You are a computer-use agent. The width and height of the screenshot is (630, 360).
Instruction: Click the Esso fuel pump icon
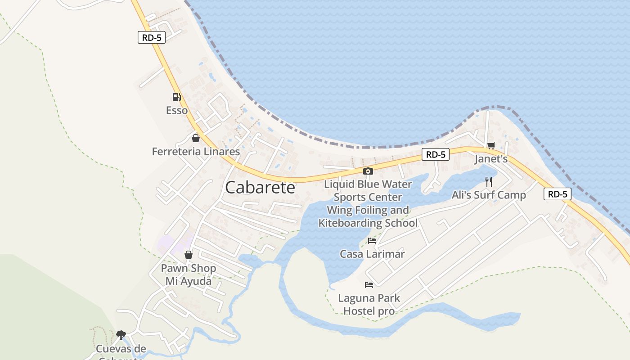(176, 97)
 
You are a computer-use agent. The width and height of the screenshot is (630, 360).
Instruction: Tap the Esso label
(177, 110)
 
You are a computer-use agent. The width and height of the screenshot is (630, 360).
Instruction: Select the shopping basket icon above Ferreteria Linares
(195, 138)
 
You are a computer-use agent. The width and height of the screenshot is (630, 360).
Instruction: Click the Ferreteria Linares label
(196, 152)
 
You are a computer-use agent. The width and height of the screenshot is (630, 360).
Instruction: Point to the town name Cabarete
(260, 188)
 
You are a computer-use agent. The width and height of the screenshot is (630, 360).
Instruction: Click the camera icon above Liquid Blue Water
(368, 171)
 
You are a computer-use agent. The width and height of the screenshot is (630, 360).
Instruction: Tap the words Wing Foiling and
(368, 210)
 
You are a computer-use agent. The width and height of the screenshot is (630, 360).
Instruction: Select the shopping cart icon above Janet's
(491, 145)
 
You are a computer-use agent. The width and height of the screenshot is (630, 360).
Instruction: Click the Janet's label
(491, 159)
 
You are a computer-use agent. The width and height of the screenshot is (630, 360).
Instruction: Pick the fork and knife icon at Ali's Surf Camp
(489, 181)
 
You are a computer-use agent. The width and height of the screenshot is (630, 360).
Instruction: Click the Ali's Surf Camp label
(489, 195)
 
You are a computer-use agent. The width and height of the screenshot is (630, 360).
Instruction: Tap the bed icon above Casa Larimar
(372, 240)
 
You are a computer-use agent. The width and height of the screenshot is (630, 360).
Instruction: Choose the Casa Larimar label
(372, 254)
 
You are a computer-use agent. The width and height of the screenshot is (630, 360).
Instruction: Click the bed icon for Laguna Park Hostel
(369, 284)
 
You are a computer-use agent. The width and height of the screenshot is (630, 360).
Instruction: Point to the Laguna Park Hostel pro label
(369, 304)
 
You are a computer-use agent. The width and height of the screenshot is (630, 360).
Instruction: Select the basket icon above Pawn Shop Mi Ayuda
(189, 255)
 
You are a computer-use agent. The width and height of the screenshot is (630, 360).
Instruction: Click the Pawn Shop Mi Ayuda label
(189, 274)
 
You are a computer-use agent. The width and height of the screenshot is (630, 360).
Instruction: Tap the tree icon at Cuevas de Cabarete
(121, 334)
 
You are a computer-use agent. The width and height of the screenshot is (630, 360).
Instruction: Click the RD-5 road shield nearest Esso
(152, 38)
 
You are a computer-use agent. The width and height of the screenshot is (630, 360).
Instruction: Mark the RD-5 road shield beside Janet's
(436, 154)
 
